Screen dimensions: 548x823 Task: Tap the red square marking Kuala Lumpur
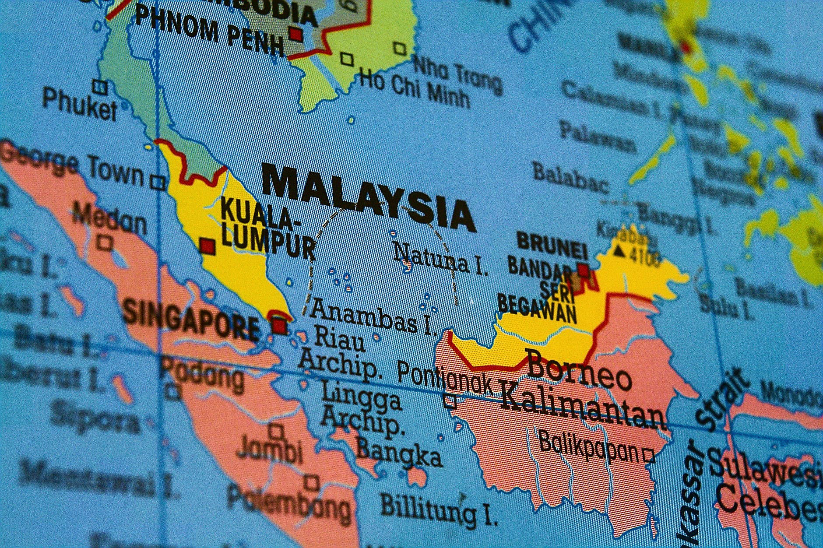[x=208, y=246]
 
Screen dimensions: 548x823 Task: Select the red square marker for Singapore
[x=279, y=326]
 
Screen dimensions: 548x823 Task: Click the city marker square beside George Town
[x=157, y=182]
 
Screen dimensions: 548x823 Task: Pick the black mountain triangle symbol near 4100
[x=619, y=251]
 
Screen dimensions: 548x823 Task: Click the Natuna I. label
[x=440, y=259]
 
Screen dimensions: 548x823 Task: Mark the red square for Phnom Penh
[x=296, y=34]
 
